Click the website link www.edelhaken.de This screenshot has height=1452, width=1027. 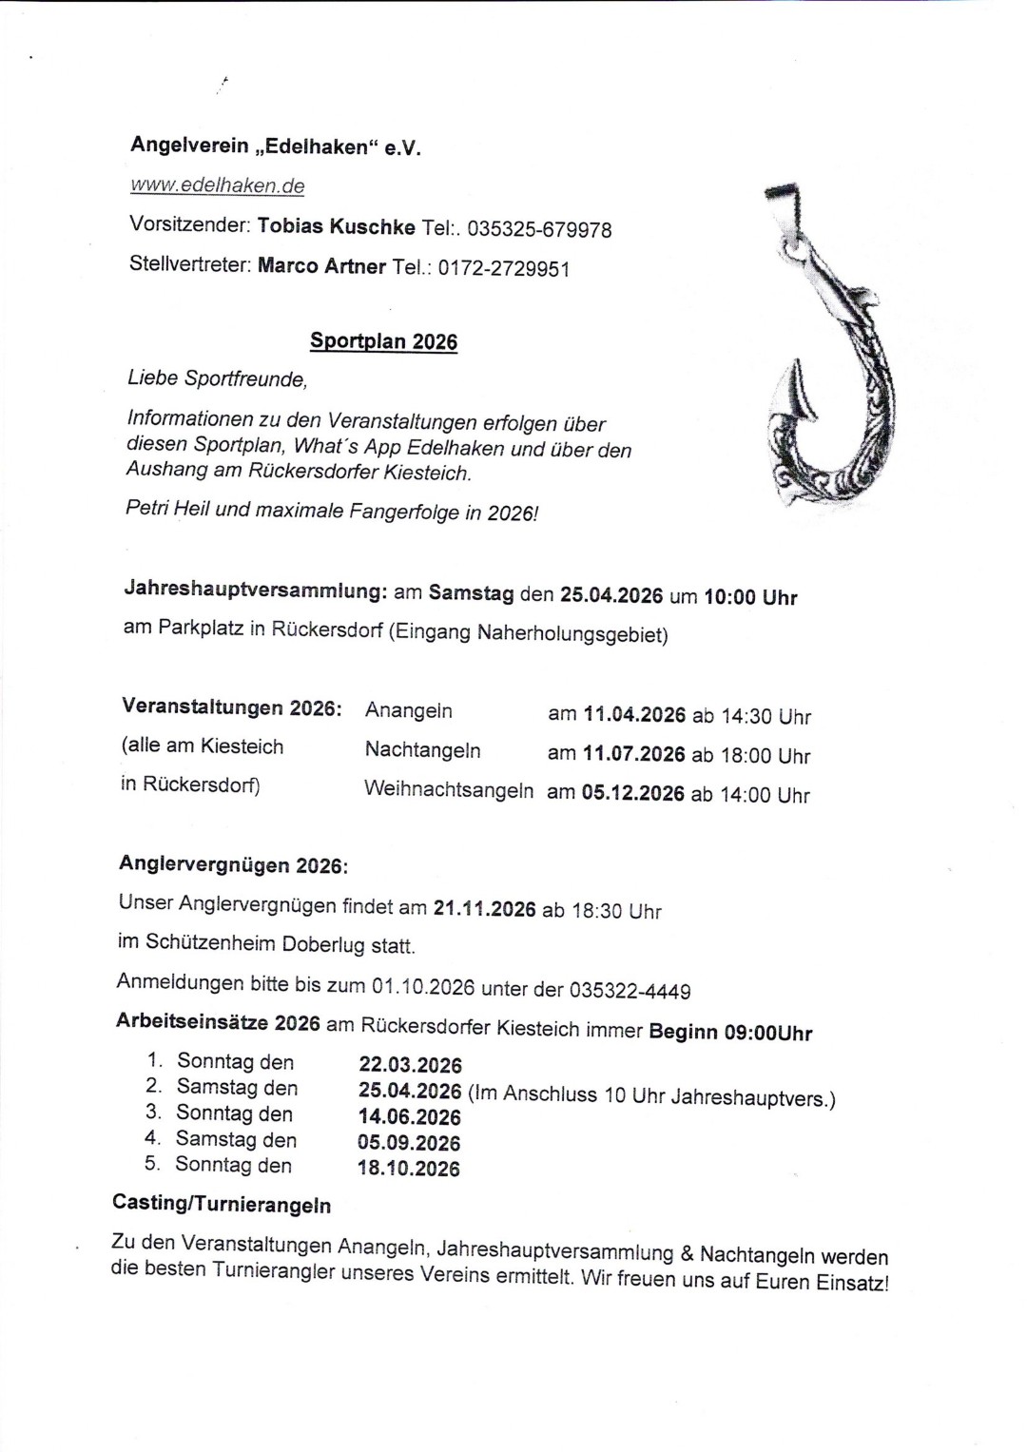[x=218, y=185]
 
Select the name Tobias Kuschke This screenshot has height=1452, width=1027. [x=336, y=227]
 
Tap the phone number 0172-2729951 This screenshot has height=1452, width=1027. [x=503, y=268]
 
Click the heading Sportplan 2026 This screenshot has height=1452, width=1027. [x=383, y=341]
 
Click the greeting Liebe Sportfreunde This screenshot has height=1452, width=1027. [x=217, y=378]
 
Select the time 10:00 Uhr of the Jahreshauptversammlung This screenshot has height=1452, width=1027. [x=749, y=597]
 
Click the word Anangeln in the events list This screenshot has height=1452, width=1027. [x=408, y=711]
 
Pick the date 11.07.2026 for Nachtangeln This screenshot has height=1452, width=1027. [x=633, y=754]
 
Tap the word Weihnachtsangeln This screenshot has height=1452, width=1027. [x=448, y=790]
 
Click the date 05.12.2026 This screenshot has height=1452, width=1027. [x=632, y=794]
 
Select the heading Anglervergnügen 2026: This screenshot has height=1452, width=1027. [x=233, y=865]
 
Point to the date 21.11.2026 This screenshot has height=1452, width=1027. [x=484, y=908]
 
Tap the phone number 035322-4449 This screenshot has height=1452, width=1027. [x=630, y=991]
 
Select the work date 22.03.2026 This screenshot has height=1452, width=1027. [x=410, y=1065]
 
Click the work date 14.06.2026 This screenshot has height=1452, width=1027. [x=409, y=1117]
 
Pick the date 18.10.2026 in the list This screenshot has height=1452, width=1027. [x=408, y=1169]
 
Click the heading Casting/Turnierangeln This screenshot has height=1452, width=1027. [x=222, y=1204]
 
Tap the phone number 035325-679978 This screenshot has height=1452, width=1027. [x=539, y=230]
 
